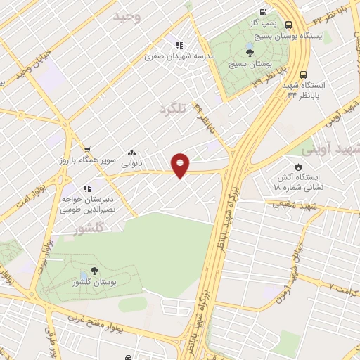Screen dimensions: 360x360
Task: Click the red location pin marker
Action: (181, 165)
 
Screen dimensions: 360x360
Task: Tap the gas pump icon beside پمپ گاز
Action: (262, 12)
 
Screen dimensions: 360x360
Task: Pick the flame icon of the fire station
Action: (299, 167)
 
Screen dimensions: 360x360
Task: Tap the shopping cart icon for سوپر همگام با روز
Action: (87, 149)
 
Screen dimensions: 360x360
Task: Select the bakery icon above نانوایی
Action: (131, 153)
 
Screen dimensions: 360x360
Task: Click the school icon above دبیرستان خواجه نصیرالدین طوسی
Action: (88, 188)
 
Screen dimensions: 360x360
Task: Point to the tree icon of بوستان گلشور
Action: (94, 270)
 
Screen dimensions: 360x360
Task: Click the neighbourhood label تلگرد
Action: (175, 109)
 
